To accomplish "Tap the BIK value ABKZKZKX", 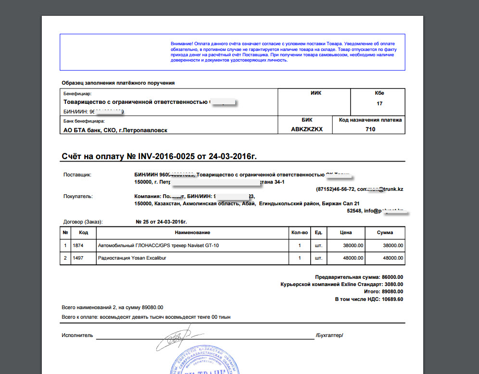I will coord(307,129).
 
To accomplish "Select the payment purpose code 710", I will coord(370,129).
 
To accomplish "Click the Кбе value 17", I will coord(379,103).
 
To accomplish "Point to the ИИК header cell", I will coord(316,93).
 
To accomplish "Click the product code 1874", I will coord(78,246).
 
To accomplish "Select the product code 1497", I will coord(78,258).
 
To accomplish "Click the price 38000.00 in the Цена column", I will coord(353,246).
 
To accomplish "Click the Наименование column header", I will coord(192,233).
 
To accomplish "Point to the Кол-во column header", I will coord(299,233).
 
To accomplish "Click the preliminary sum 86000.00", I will coord(391,277).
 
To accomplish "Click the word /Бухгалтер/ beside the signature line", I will coord(329,335).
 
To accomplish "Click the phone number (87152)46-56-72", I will coord(335,189).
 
